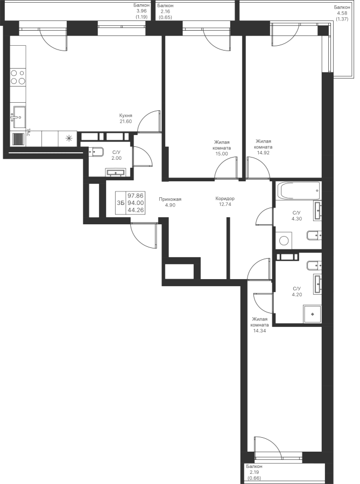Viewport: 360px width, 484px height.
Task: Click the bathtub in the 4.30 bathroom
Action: pos(299,190)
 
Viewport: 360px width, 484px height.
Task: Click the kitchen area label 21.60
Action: pos(125,121)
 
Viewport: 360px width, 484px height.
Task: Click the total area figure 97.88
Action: pos(136,195)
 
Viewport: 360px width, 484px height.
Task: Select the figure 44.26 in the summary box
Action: pos(136,210)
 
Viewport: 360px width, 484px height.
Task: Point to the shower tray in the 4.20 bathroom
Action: pos(310,313)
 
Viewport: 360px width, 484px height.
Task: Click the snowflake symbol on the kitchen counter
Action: pos(68,138)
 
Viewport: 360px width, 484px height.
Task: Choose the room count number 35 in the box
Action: pos(121,203)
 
